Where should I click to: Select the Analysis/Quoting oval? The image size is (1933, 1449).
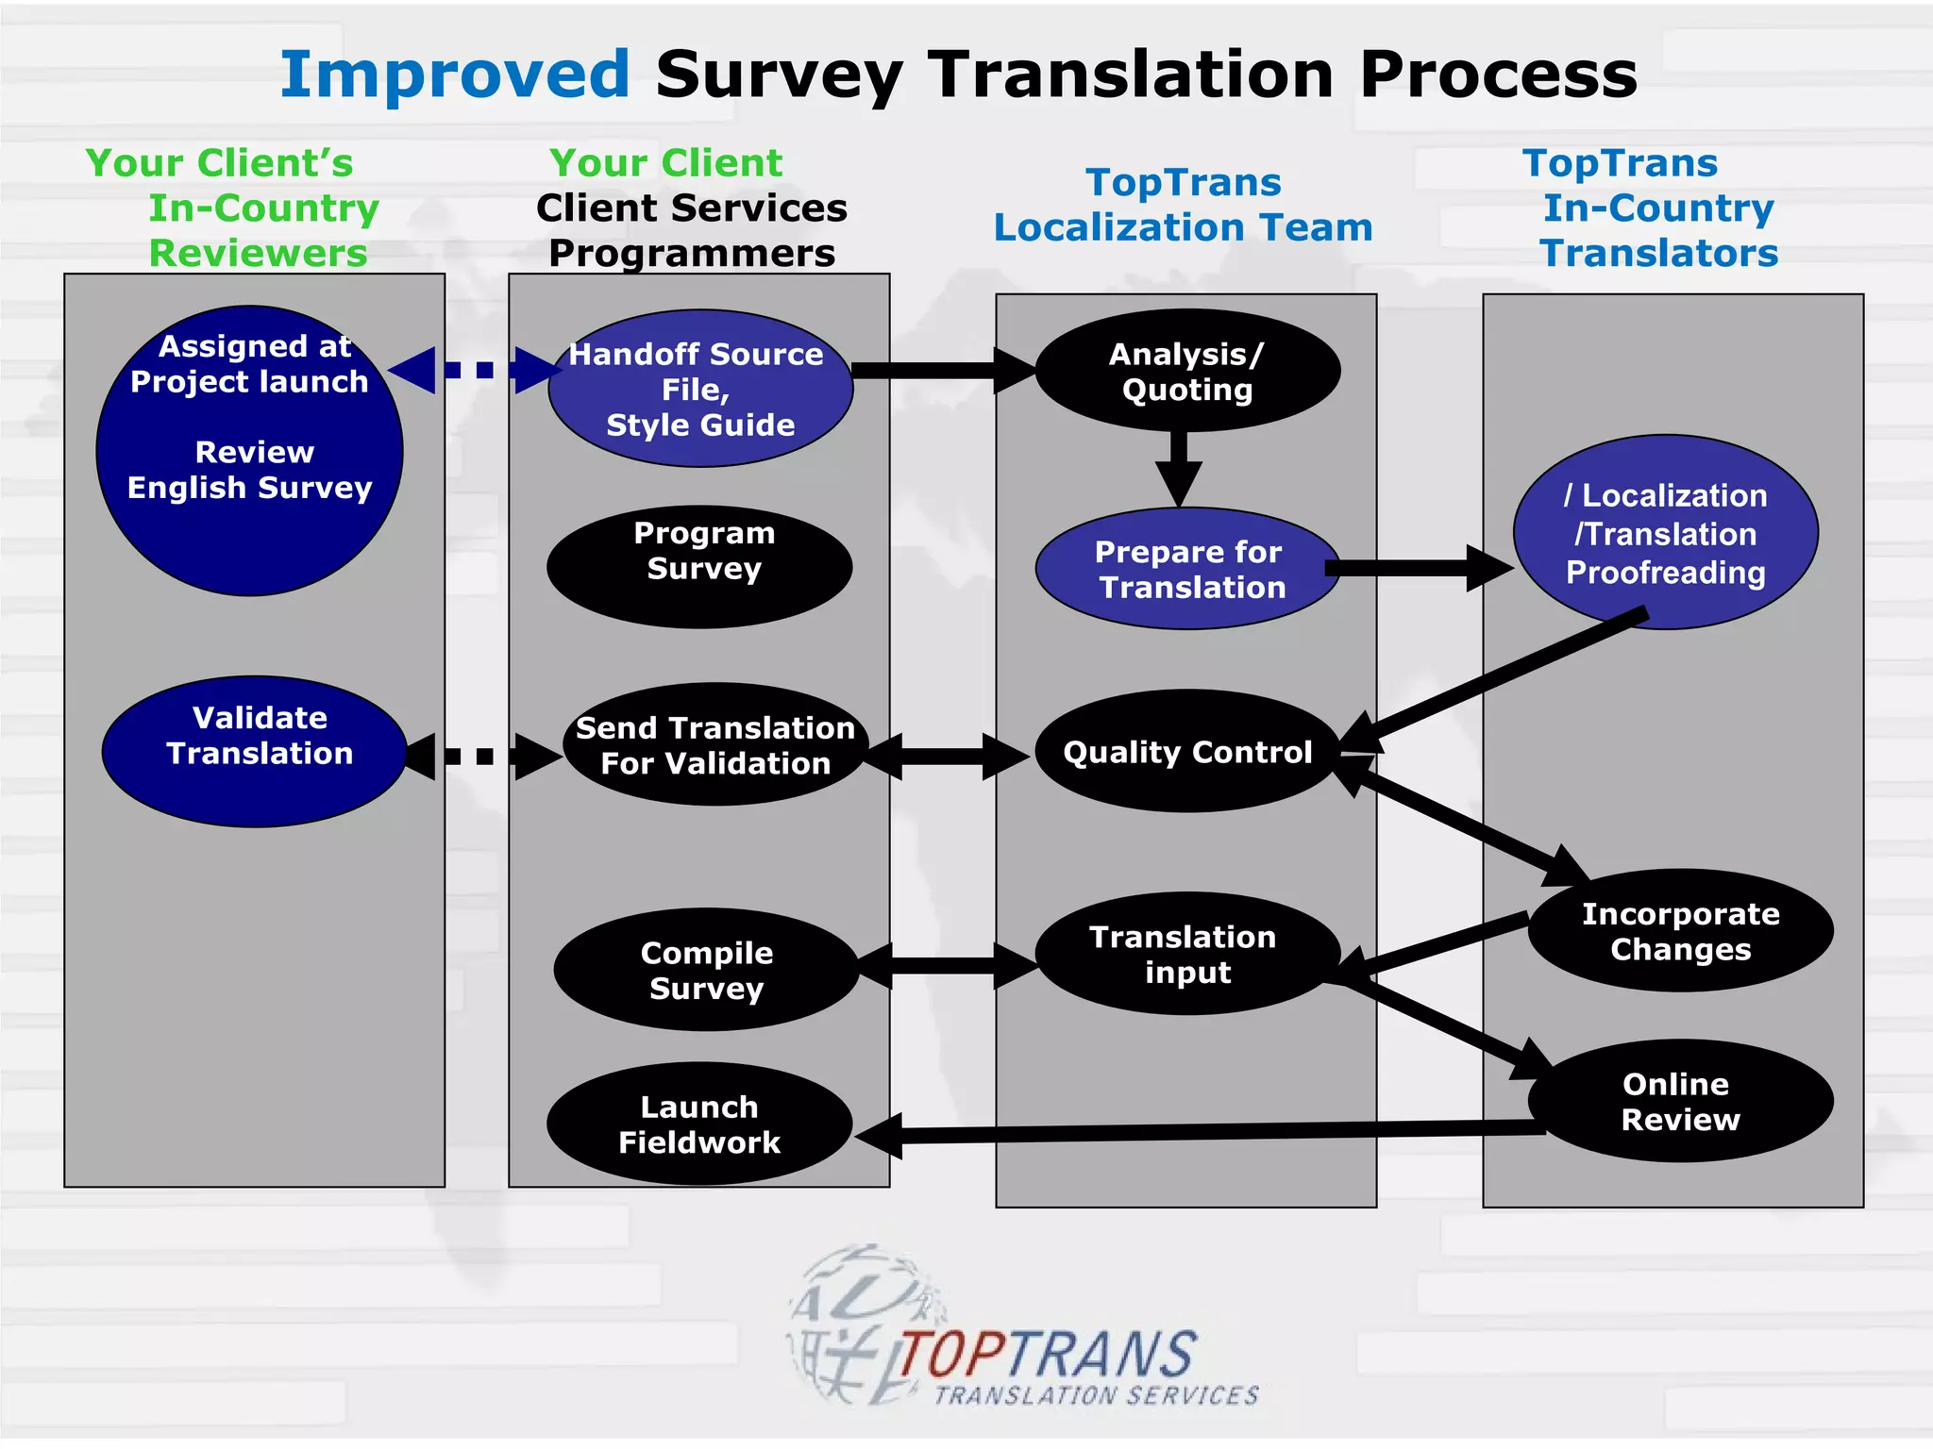point(1187,371)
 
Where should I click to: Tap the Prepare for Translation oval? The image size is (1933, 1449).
point(1187,569)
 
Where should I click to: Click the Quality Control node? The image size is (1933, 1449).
point(1187,752)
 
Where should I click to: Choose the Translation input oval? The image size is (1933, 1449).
point(1186,954)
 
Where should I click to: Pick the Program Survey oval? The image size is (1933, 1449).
point(700,567)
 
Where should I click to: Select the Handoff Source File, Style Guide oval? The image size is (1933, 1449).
point(700,389)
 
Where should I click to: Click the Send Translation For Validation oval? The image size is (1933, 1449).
point(715,745)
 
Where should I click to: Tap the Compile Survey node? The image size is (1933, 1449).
point(706,970)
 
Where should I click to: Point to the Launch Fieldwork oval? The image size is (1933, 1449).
point(699,1124)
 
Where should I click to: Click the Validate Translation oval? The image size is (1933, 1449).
point(255,752)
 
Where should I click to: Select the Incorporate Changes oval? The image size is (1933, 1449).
point(1680,931)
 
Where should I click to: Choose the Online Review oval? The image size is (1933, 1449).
point(1680,1101)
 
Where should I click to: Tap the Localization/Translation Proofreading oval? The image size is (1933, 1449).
point(1666,533)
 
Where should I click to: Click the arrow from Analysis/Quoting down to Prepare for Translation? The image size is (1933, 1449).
point(1179,468)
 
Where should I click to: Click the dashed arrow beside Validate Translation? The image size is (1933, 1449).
point(483,757)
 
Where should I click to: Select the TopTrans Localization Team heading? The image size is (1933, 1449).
point(1184,205)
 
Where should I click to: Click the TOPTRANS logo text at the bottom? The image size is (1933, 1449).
point(1048,1356)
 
